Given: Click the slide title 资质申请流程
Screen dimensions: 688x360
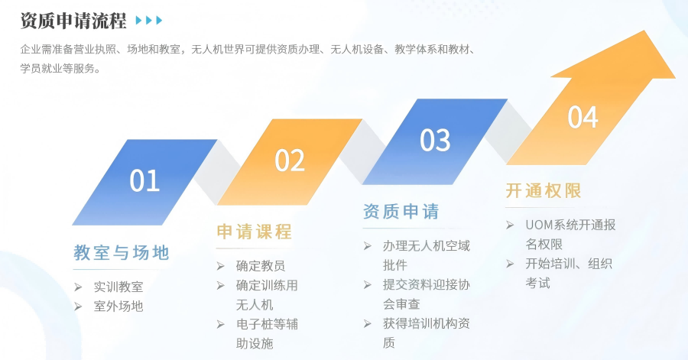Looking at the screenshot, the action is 73,21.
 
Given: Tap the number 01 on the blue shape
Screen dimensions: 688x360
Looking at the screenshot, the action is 144,180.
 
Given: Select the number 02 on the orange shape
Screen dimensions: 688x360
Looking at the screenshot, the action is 290,161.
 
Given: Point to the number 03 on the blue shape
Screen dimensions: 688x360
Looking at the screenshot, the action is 435,141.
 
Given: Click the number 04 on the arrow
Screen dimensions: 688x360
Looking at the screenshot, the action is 583,117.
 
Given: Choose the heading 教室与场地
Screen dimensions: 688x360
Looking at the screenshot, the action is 121,252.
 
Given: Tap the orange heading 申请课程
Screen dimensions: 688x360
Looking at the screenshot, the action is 254,232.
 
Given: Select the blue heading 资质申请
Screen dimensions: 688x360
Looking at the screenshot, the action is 401,212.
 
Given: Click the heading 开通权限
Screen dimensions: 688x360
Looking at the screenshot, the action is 544,191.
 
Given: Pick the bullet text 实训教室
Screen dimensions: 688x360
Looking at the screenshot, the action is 118,287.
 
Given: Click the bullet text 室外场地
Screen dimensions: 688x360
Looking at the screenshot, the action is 118,306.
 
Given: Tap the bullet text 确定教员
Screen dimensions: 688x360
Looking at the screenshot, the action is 261,266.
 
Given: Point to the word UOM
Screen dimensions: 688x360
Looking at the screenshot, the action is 539,225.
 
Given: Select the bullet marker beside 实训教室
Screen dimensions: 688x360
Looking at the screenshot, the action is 78,287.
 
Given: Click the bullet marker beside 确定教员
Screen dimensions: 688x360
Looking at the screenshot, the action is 220,266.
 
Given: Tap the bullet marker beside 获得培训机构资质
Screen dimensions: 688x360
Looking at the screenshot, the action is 367,324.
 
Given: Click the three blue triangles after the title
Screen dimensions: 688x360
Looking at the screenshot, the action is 149,20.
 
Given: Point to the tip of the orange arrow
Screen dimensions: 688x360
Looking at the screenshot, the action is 675,78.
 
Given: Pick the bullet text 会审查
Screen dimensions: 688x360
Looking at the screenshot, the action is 401,304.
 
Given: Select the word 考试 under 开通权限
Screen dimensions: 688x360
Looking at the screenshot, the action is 538,283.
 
